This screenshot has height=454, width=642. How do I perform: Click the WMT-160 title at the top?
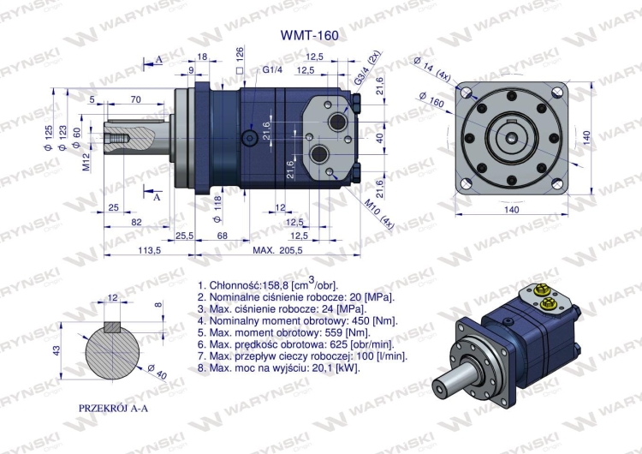309,36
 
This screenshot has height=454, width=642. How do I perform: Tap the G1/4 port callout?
273,69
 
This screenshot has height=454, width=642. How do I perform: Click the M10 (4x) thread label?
378,213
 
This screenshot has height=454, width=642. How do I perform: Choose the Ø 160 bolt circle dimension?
433,96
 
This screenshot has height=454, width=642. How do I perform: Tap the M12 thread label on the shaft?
87,162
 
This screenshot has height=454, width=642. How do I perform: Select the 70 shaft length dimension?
135,99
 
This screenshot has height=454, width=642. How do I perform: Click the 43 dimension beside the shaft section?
57,351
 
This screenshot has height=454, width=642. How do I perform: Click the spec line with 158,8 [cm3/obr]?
267,285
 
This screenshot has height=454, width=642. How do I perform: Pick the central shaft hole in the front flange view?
510,137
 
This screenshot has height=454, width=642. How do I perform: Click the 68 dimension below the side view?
222,235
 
